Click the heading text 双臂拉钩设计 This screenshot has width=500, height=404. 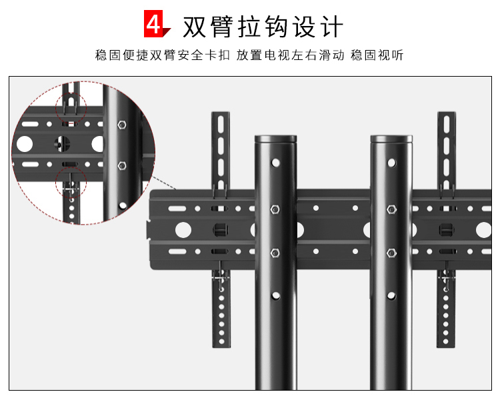click(x=263, y=27)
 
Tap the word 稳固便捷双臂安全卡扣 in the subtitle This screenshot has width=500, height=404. click(x=162, y=55)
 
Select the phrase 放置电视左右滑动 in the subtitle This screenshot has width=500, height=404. click(x=290, y=55)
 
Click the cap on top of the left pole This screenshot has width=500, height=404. click(x=275, y=139)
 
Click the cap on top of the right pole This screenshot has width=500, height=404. click(x=391, y=139)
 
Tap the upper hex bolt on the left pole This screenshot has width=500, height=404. click(x=275, y=209)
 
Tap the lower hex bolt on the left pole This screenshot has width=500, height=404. click(x=275, y=253)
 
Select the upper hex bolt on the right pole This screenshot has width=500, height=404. click(x=391, y=209)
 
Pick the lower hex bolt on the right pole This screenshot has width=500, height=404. click(x=391, y=253)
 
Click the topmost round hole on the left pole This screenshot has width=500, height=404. click(x=275, y=163)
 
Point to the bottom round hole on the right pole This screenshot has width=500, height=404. click(x=391, y=296)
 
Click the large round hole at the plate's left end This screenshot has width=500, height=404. click(x=183, y=230)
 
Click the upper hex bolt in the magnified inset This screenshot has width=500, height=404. click(x=122, y=125)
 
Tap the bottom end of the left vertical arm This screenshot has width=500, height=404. click(x=221, y=345)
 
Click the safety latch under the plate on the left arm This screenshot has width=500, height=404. click(x=221, y=277)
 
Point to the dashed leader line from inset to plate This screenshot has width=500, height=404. click(x=164, y=183)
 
